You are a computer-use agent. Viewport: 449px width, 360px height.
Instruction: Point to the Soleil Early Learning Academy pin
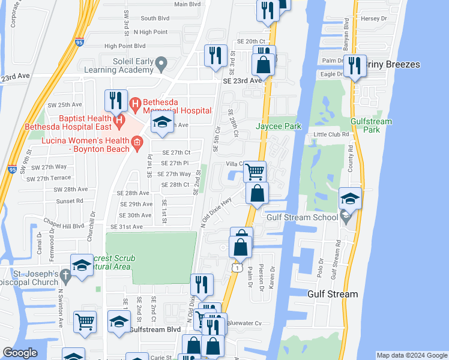(160, 62)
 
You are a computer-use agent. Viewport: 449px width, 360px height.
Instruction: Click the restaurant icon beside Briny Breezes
(354, 65)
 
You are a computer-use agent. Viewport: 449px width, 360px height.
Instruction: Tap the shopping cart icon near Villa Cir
(255, 172)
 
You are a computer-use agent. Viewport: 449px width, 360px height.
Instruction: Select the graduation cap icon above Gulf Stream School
(350, 198)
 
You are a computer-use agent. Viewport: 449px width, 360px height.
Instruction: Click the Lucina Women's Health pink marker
(137, 142)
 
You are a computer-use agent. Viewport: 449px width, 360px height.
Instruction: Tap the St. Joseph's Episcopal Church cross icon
(67, 274)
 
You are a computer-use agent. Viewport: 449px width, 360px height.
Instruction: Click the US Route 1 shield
(238, 268)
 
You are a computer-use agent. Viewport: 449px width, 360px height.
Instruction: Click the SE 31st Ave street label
(127, 227)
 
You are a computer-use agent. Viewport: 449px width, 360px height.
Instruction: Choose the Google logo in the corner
(20, 353)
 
